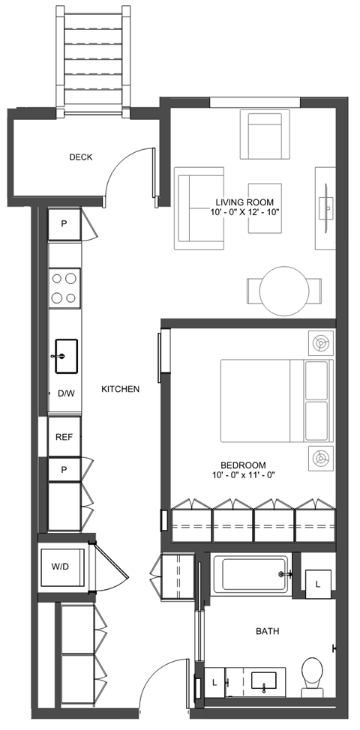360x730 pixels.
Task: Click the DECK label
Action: pyautogui.click(x=80, y=157)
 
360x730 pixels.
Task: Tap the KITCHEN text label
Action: pyautogui.click(x=121, y=389)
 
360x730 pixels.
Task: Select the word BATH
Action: pyautogui.click(x=266, y=632)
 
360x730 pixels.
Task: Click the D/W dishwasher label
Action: pyautogui.click(x=65, y=393)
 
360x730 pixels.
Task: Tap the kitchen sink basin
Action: pyautogui.click(x=66, y=355)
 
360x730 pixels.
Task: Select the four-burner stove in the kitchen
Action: pyautogui.click(x=64, y=288)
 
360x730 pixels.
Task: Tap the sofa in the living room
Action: pyautogui.click(x=199, y=208)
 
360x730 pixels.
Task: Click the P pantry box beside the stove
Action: pyautogui.click(x=64, y=224)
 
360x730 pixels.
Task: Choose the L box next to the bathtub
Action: pyautogui.click(x=319, y=583)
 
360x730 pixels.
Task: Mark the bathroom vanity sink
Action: pyautogui.click(x=265, y=681)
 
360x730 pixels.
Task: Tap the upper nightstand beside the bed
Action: pyautogui.click(x=320, y=344)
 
